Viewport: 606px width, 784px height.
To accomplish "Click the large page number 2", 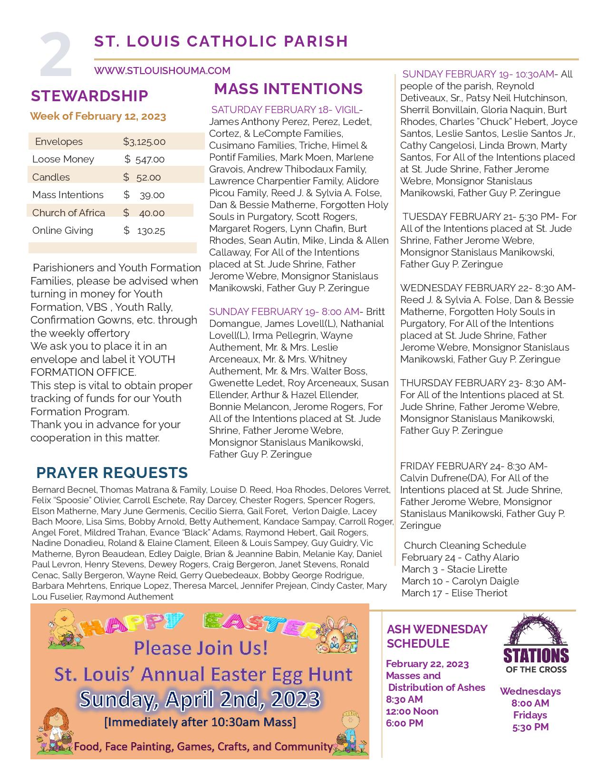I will [x=56, y=55].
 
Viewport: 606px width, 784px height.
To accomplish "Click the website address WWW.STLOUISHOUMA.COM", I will [x=162, y=71].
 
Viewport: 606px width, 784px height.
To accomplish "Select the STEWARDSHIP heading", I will [x=89, y=96].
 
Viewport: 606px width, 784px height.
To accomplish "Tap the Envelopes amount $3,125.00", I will [x=144, y=142].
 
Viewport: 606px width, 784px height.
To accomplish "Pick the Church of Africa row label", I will [x=68, y=213].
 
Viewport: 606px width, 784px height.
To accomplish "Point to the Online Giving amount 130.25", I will [x=151, y=231].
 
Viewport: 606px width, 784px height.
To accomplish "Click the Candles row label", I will [x=51, y=177].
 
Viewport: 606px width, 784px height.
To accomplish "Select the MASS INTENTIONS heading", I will [x=288, y=89].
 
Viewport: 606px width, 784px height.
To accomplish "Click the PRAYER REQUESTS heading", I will [x=112, y=472].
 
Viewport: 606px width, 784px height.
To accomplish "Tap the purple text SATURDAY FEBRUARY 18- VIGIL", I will [x=285, y=110].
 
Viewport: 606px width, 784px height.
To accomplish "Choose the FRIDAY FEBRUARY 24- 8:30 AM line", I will [x=473, y=466].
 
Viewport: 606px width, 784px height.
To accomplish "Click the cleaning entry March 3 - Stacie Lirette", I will [x=454, y=569].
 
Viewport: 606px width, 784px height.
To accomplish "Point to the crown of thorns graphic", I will [x=535, y=630].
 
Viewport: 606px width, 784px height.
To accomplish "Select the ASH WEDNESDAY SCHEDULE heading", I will [x=437, y=636].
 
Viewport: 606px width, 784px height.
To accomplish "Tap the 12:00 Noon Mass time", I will [x=412, y=711].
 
